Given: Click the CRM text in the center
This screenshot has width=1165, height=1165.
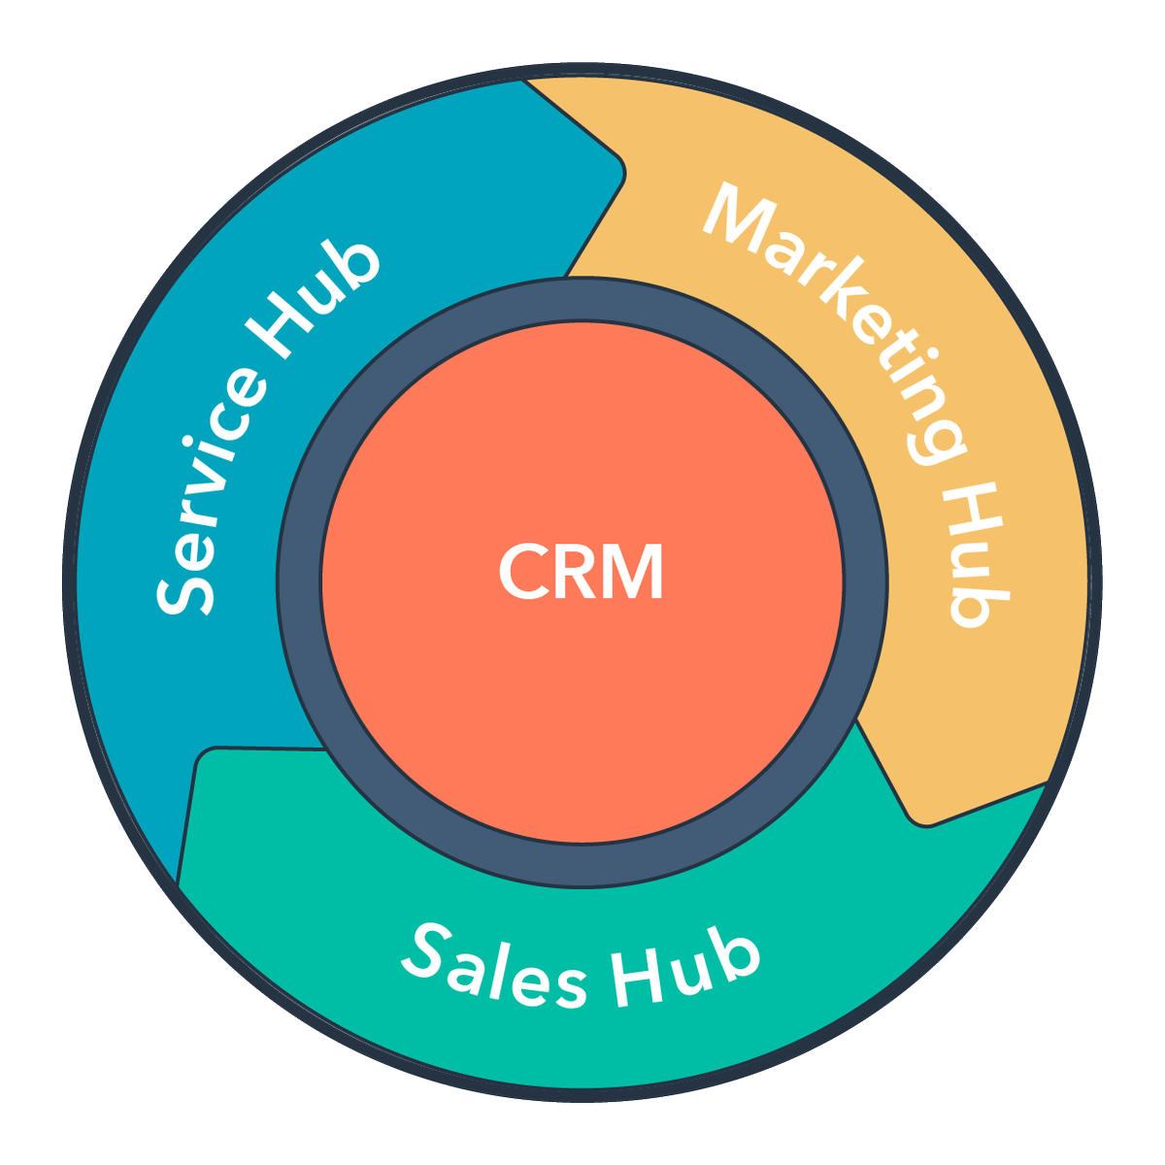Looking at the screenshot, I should point(581,572).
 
